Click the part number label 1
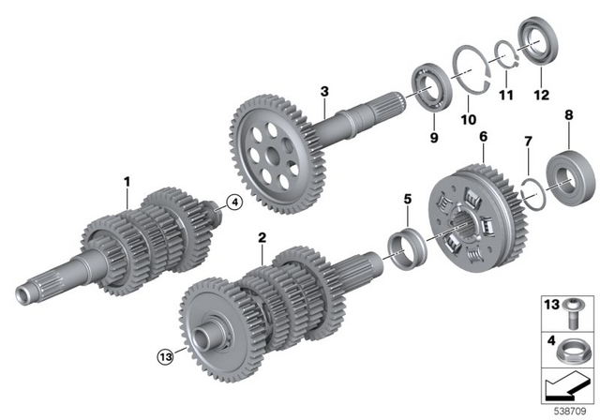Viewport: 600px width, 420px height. (127, 176)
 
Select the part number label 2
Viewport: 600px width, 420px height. (262, 238)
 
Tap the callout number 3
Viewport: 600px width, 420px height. (323, 91)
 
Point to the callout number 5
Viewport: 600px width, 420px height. (407, 199)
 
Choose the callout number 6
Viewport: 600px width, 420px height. (483, 137)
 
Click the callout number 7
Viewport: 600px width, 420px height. (528, 141)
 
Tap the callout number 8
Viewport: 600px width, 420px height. (567, 115)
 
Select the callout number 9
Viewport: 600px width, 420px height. (433, 138)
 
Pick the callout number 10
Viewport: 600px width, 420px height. (468, 120)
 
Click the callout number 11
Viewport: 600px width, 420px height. (505, 97)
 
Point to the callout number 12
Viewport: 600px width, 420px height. (541, 95)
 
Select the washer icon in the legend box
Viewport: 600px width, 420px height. (571, 353)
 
